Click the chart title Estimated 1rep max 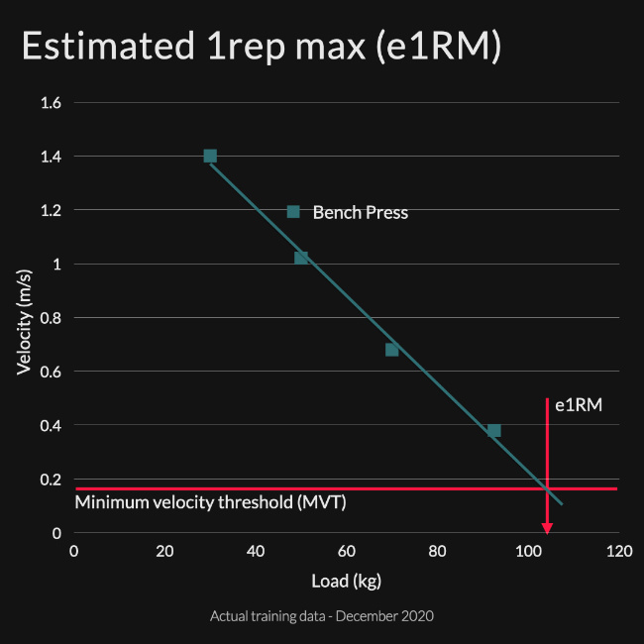click(x=261, y=49)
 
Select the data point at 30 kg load click(x=210, y=156)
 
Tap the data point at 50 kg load click(x=301, y=258)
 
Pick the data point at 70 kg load click(x=391, y=350)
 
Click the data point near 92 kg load click(x=493, y=430)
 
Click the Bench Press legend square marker click(x=293, y=211)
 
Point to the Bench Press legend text click(x=360, y=212)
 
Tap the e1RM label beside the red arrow click(x=579, y=404)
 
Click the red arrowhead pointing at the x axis click(x=546, y=526)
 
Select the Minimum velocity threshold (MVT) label click(x=210, y=502)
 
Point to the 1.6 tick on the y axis click(x=51, y=103)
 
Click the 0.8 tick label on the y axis click(x=51, y=318)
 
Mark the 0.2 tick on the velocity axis click(x=51, y=480)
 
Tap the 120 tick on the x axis click(x=619, y=551)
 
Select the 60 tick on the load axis click(x=347, y=551)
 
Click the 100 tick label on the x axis click(x=528, y=551)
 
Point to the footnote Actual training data click(x=322, y=615)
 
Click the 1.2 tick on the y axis click(x=51, y=210)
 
